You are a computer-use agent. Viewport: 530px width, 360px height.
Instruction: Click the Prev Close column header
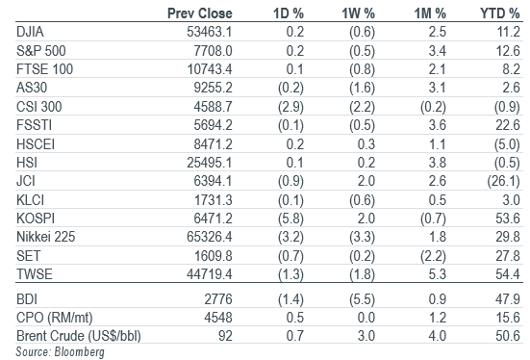click(200, 13)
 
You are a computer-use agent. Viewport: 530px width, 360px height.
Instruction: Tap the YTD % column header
click(499, 13)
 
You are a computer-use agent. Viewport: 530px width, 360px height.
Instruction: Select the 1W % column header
click(358, 13)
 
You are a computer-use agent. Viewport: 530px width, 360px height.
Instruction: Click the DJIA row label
click(30, 32)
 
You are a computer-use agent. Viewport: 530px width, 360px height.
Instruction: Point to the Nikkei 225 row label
click(45, 237)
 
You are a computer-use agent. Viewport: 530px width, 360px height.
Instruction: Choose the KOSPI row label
click(36, 219)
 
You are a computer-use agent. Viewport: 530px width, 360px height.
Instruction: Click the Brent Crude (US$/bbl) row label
click(79, 336)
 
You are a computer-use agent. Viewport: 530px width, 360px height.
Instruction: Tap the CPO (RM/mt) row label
click(55, 318)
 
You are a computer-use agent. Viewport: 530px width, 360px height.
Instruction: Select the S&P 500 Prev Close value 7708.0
click(213, 51)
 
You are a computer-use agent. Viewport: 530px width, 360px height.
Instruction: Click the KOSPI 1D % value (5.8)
click(290, 219)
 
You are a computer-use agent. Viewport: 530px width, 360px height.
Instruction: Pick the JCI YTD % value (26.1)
click(503, 181)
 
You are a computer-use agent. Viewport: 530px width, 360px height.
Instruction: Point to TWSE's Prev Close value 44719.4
click(210, 274)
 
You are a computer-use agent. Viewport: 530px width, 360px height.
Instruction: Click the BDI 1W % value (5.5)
click(362, 299)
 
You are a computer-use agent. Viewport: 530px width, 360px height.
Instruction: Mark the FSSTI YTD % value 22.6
click(508, 125)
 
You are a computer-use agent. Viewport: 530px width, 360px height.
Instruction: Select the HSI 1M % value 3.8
click(438, 163)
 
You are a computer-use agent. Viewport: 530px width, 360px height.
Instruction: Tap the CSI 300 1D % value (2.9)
click(290, 107)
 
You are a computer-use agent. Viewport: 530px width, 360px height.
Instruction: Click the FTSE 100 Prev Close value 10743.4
click(210, 69)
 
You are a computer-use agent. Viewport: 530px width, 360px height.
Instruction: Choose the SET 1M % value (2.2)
click(433, 256)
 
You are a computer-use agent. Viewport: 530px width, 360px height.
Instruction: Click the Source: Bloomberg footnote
click(61, 352)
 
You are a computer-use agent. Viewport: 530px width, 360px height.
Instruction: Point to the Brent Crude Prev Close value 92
click(226, 336)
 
